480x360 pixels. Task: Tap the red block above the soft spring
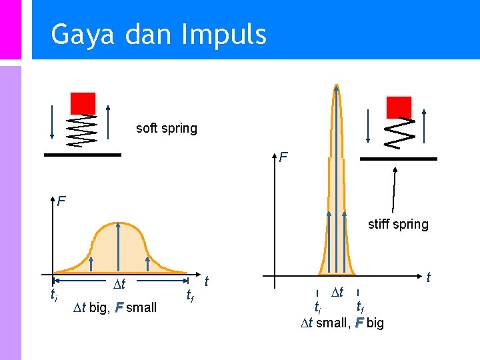[83, 103]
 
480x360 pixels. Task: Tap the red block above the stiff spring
[399, 107]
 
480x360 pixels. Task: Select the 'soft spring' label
[166, 128]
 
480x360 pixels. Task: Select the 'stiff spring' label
[398, 224]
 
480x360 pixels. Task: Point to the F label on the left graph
[61, 200]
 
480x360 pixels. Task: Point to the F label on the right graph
[283, 158]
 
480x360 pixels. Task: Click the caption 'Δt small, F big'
[341, 323]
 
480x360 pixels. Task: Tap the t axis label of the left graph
[207, 281]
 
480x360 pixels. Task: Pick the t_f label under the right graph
[359, 307]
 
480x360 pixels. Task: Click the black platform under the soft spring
[83, 155]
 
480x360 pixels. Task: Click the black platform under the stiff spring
[398, 159]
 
